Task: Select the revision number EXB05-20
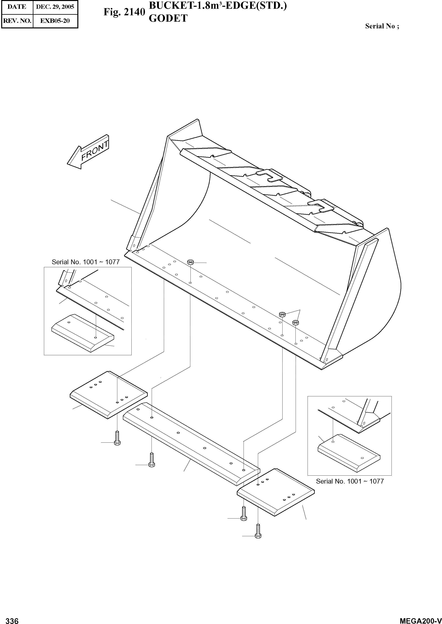click(x=55, y=21)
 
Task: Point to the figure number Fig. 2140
click(x=124, y=12)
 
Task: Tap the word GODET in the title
click(x=168, y=18)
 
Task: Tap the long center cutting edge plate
click(x=190, y=446)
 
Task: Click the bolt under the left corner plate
click(x=117, y=438)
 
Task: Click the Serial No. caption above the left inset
click(x=85, y=262)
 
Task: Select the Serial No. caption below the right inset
click(x=350, y=481)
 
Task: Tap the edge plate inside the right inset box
click(x=349, y=452)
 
